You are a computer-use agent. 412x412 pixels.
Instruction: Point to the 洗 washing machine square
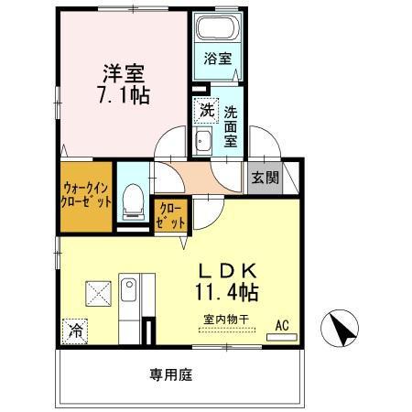[x=206, y=111]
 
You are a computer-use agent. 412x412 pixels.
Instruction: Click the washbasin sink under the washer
[x=203, y=140]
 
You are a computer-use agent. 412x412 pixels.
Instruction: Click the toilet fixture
[x=133, y=200]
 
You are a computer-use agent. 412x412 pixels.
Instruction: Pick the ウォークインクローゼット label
[x=88, y=194]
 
